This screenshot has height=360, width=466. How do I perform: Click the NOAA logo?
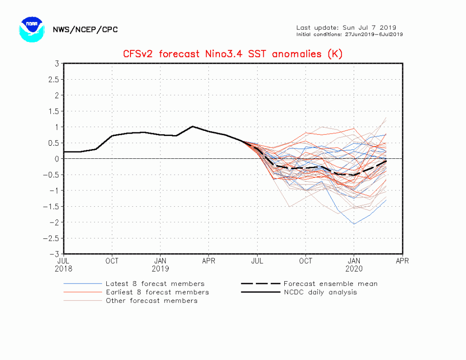[x=31, y=29]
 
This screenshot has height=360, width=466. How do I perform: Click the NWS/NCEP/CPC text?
[x=85, y=30]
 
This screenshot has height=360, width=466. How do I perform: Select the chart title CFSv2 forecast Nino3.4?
[x=233, y=54]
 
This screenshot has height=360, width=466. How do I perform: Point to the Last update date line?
[x=346, y=27]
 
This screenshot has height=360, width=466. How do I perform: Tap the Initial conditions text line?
[x=349, y=34]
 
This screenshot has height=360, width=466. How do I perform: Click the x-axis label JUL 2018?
[x=64, y=265]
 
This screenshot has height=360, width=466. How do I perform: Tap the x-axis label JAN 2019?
[x=160, y=265]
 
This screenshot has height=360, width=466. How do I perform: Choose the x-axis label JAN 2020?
[x=354, y=265]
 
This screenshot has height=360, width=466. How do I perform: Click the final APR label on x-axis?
[x=402, y=261]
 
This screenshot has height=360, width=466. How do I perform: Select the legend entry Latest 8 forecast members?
[x=155, y=284]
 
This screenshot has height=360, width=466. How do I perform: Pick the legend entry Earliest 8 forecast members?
[x=157, y=292]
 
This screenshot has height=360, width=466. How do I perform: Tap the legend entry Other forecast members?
[x=151, y=300]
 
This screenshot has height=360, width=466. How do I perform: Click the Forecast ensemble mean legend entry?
[x=330, y=284]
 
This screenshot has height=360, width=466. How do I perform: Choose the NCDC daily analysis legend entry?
[x=320, y=292]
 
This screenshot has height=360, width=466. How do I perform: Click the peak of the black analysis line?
[x=192, y=126]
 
